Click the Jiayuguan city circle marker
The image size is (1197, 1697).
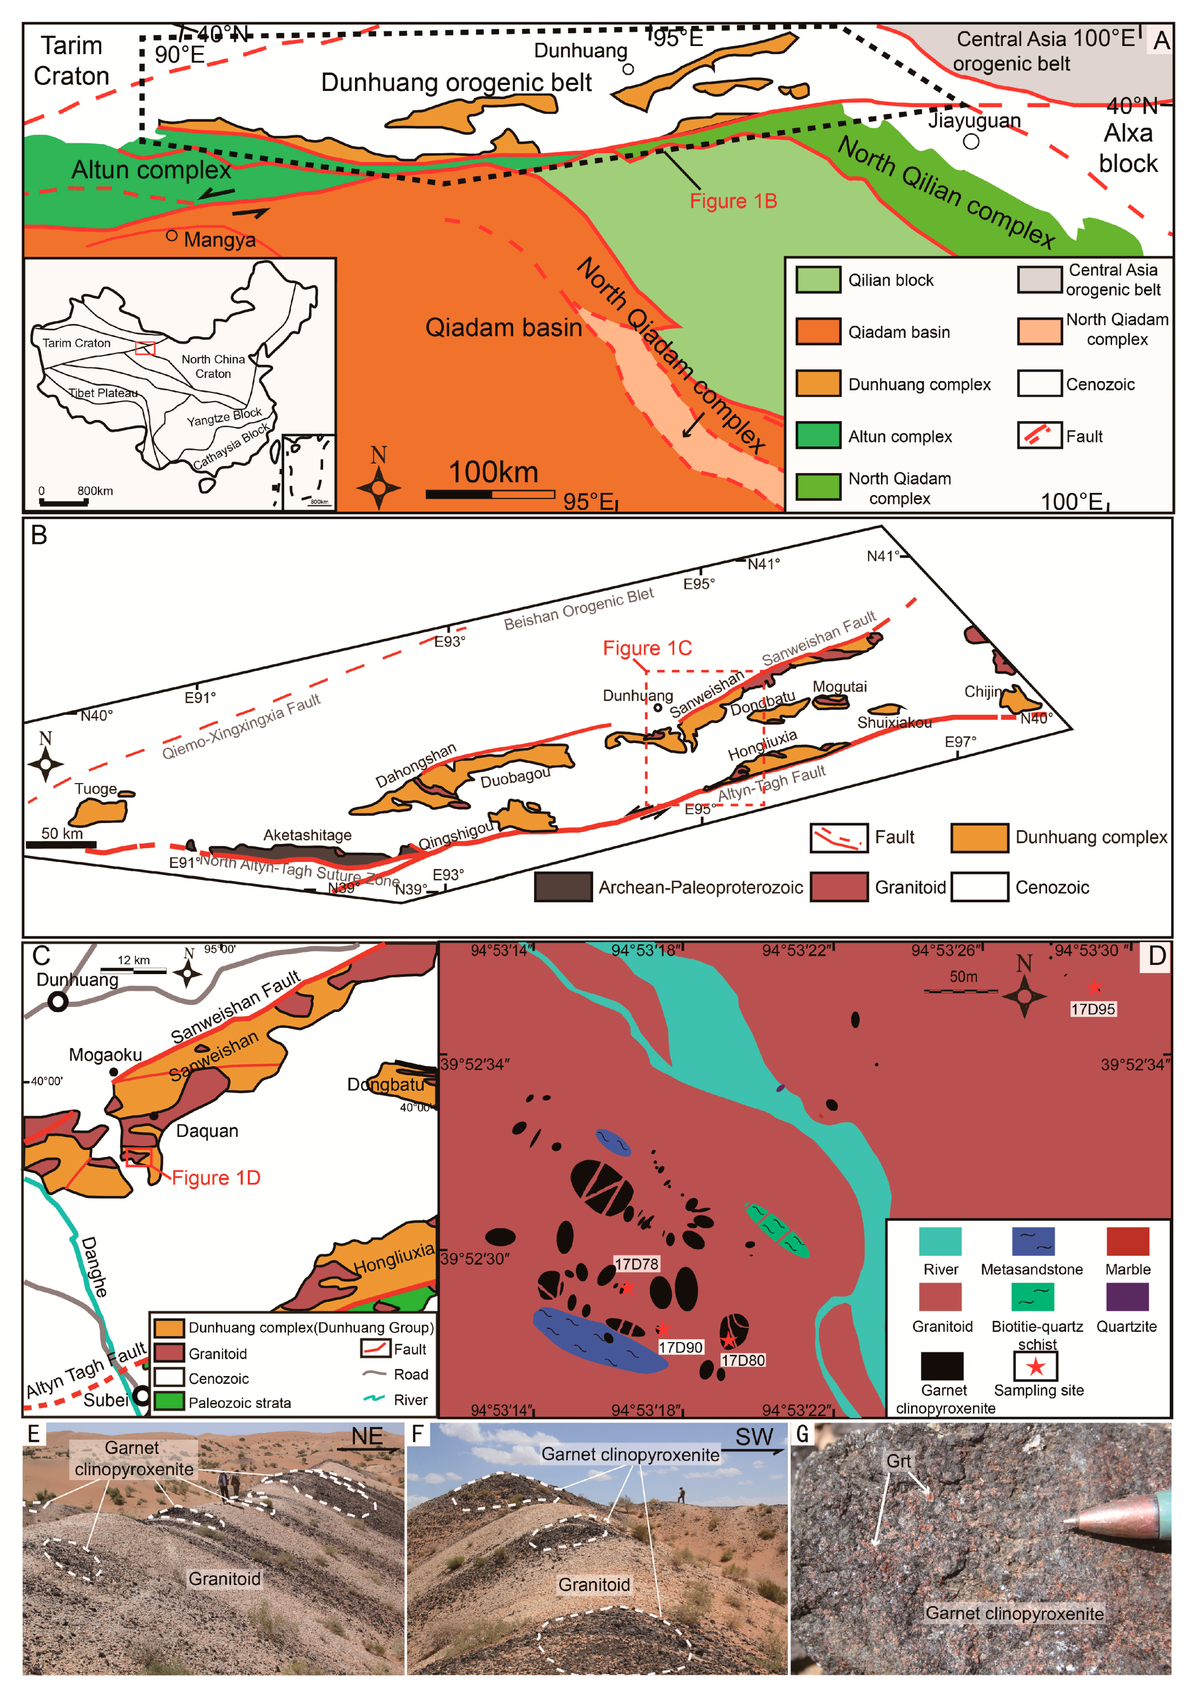pos(971,141)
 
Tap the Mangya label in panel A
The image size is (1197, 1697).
pos(219,240)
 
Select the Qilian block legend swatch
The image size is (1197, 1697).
pos(818,280)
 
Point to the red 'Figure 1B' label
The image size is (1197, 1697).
pos(733,201)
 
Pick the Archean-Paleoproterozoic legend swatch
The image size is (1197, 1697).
pos(563,887)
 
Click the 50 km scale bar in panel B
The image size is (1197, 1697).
pos(61,844)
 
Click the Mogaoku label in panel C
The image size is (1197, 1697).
pos(105,1054)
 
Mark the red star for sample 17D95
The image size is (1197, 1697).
pos(1093,987)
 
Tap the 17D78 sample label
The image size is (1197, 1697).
pos(637,1264)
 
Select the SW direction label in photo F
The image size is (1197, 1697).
pos(753,1437)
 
